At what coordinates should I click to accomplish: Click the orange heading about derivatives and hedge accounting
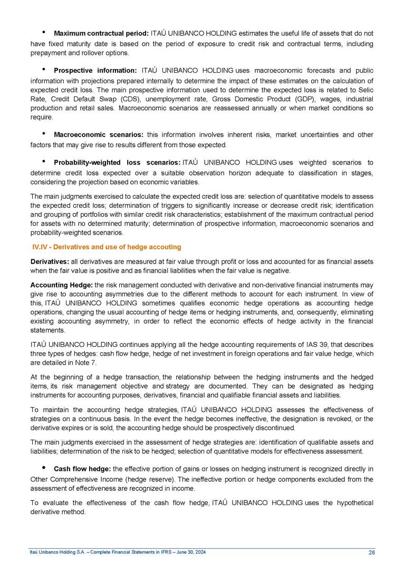tap(106, 247)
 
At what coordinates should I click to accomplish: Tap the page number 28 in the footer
tap(371, 552)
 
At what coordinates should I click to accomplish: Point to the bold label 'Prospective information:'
tap(95, 70)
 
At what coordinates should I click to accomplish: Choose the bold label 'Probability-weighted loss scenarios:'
tap(117, 162)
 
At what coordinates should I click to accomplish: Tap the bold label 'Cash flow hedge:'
tap(82, 469)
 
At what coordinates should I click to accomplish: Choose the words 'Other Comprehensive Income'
tap(71, 480)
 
